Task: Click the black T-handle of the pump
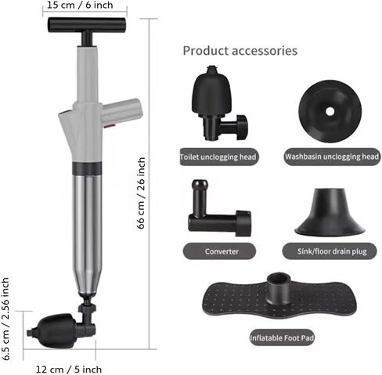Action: point(87,25)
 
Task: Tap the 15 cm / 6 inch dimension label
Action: point(80,5)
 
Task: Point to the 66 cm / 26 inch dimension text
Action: point(141,193)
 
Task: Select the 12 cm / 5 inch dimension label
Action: point(69,370)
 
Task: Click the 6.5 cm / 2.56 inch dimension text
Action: point(5,319)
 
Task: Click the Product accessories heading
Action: point(240,51)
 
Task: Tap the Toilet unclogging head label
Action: point(218,157)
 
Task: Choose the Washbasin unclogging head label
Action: point(332,157)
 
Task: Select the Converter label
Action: point(222,251)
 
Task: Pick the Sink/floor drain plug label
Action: point(332,251)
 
